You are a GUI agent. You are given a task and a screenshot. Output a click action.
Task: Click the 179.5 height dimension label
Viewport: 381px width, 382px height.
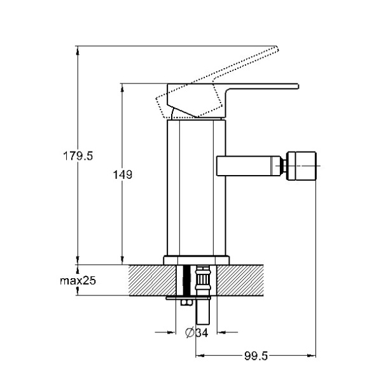(x=78, y=156)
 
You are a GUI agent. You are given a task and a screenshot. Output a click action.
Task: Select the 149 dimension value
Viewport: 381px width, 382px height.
(x=123, y=174)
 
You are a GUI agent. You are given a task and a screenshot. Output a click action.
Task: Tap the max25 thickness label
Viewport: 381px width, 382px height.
(x=78, y=281)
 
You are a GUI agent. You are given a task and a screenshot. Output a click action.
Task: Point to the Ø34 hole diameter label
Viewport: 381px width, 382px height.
(x=197, y=332)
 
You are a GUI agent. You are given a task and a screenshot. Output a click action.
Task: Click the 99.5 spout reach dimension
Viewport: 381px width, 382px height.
(x=256, y=356)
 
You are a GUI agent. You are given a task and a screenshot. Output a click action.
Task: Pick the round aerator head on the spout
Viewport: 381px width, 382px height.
(x=301, y=166)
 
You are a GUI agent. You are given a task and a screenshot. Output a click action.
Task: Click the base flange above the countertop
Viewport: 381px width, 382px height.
(x=196, y=260)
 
